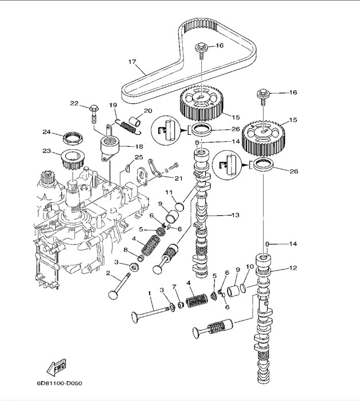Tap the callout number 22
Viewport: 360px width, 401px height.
74,103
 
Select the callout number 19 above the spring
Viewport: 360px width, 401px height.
113,105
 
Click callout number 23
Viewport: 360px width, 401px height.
46,152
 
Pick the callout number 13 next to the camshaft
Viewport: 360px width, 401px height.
234,215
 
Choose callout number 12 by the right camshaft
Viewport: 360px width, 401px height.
293,268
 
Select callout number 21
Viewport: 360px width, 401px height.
178,178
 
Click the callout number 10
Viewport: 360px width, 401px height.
250,267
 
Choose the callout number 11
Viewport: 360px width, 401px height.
170,192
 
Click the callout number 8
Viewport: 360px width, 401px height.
126,250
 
